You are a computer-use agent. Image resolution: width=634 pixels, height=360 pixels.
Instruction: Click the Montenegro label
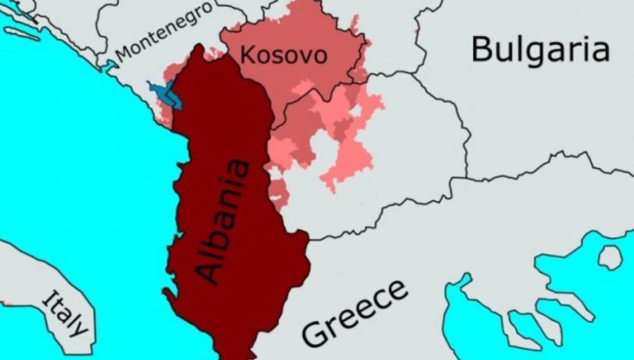pos(165,30)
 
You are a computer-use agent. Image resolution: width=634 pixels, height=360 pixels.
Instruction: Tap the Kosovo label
pos(283,55)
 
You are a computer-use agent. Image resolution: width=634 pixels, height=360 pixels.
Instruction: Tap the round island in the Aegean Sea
pos(610,257)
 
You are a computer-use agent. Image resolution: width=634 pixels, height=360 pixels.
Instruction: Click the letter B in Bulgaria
pos(483,49)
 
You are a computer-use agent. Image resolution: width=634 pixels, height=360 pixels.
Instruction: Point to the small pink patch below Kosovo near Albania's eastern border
pos(277,193)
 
